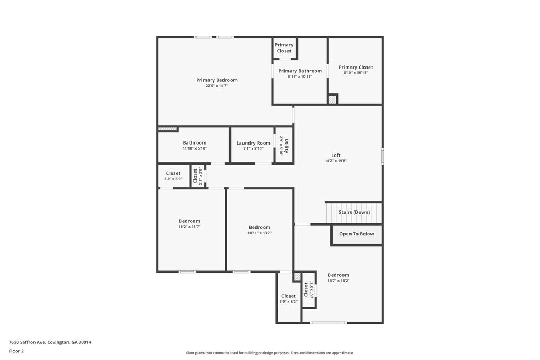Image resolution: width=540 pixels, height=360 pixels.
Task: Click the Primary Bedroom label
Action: [x=217, y=80]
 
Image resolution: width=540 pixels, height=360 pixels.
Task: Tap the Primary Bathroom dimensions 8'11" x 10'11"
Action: [x=300, y=77]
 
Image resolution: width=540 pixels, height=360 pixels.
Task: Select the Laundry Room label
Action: [x=253, y=143]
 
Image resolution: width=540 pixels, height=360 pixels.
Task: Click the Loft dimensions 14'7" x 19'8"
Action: [x=336, y=161]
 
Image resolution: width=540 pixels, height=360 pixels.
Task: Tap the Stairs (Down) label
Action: [x=354, y=212]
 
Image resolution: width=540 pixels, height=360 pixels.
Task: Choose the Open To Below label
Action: [x=356, y=234]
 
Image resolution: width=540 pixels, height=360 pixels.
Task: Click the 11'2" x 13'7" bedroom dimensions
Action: [x=190, y=227]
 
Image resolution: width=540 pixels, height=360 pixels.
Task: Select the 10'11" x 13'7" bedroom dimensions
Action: [x=259, y=233]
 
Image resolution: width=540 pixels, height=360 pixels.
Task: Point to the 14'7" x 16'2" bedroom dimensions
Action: [x=339, y=281]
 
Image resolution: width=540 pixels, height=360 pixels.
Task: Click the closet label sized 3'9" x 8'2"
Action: [x=288, y=296]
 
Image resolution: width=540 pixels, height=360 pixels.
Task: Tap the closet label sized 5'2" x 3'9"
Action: [x=173, y=173]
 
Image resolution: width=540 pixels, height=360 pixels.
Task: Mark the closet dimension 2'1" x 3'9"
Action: [x=200, y=176]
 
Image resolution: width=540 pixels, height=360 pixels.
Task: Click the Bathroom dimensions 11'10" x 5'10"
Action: [x=194, y=148]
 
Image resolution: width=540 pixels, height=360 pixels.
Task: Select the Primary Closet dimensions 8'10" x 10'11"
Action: [x=356, y=73]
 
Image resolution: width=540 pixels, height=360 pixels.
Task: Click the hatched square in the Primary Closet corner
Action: [x=333, y=99]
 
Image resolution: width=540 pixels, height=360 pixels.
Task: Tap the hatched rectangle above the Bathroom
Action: [x=167, y=129]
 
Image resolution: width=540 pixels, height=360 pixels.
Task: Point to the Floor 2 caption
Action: [x=16, y=351]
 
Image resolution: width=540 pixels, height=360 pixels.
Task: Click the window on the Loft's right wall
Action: [x=382, y=156]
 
